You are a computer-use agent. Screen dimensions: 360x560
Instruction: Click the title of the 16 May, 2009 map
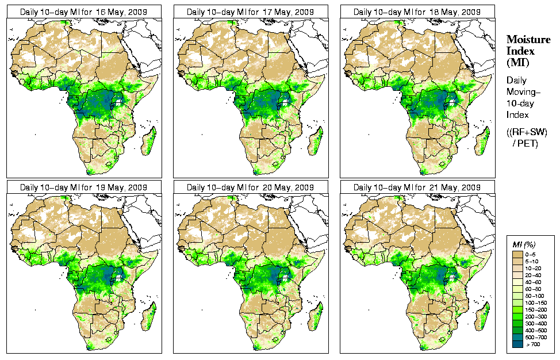pyautogui.click(x=84, y=12)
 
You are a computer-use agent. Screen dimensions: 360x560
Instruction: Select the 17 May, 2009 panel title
pyautogui.click(x=251, y=12)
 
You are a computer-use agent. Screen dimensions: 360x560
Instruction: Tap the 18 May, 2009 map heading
pyautogui.click(x=417, y=12)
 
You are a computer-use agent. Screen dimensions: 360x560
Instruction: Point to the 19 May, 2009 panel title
pyautogui.click(x=84, y=187)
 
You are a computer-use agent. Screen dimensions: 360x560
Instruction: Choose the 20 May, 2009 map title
pyautogui.click(x=251, y=187)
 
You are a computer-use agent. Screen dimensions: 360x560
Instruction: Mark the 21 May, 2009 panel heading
pyautogui.click(x=417, y=187)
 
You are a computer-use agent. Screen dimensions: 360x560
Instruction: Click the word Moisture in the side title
pyautogui.click(x=528, y=39)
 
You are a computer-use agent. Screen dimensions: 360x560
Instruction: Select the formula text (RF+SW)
pyautogui.click(x=527, y=132)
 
